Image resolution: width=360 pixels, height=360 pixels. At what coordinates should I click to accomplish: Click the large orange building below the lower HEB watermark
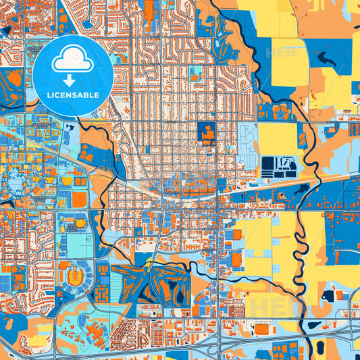point(261,328)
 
